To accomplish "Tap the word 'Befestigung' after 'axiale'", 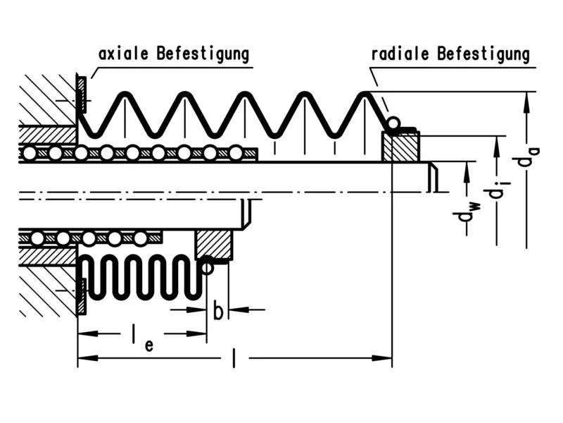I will click(x=204, y=54).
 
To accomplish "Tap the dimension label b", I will click(x=218, y=312).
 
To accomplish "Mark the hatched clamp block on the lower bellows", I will click(x=213, y=244).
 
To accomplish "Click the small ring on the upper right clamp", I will click(x=393, y=124).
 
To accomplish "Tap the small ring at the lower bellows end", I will click(x=207, y=266).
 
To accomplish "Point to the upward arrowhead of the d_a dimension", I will click(x=526, y=99).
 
